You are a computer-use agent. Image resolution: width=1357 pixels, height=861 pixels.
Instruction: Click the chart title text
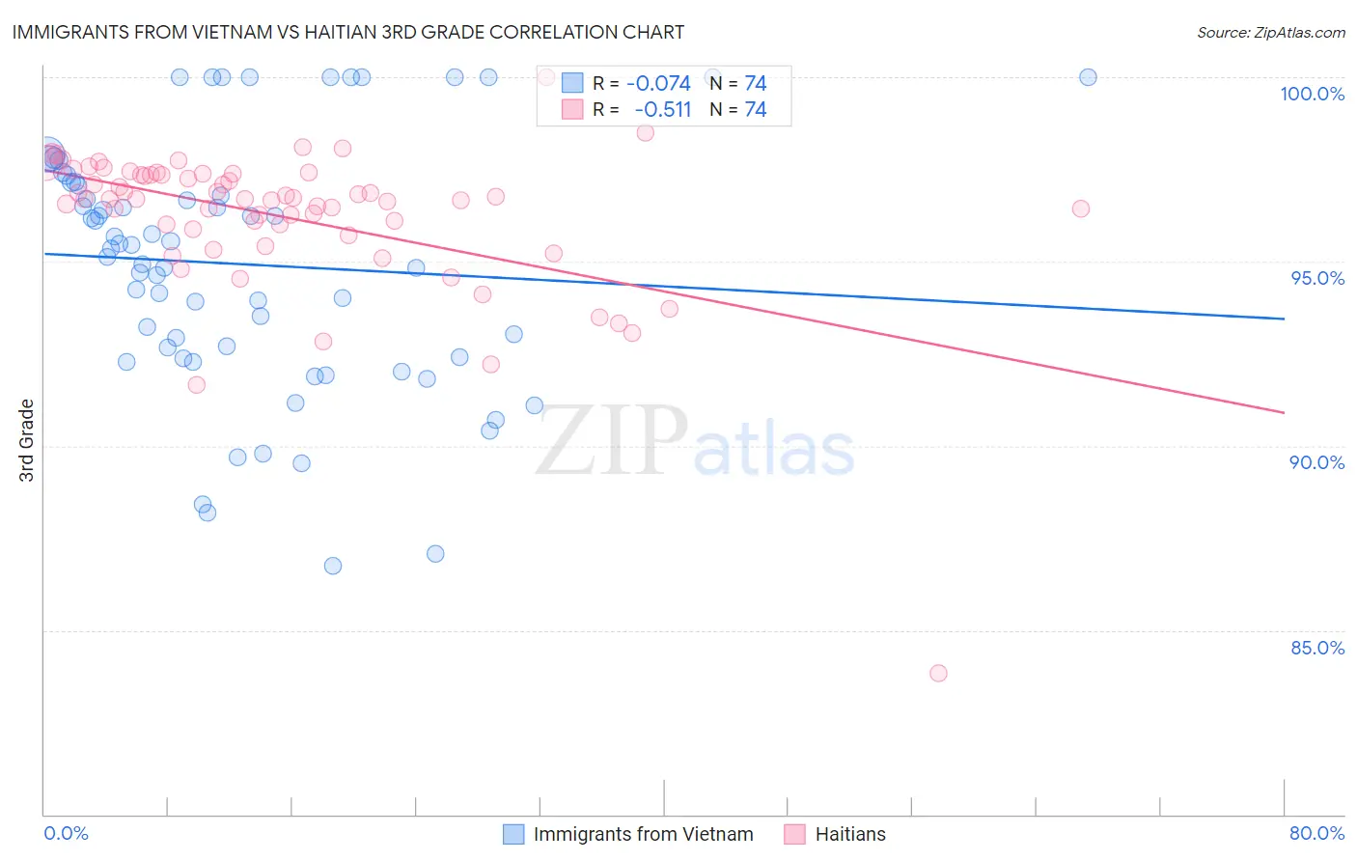coord(348,32)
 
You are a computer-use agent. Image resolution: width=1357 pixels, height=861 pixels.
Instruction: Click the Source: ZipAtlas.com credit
coord(1270,32)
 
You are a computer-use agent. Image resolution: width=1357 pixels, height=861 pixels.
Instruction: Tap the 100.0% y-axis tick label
coord(1312,94)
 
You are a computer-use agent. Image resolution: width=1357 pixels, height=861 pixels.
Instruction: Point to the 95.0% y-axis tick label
coord(1316,278)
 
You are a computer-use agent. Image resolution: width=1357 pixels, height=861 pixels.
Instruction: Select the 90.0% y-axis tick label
coord(1316,462)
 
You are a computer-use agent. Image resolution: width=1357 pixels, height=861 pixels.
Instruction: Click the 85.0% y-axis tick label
coord(1316,648)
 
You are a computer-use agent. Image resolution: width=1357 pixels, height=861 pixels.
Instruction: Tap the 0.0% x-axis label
coord(66,833)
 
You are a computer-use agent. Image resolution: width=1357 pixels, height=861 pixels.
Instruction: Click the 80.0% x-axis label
coord(1316,833)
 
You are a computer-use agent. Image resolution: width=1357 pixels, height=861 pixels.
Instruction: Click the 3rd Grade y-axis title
coord(27,440)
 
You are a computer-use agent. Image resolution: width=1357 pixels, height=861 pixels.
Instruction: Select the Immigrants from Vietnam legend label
coord(643,834)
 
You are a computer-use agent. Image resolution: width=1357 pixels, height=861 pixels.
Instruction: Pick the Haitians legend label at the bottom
coord(849,834)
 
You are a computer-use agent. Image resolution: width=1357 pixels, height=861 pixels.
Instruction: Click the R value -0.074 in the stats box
coord(658,84)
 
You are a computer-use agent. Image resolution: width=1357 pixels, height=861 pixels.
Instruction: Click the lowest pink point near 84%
coord(938,673)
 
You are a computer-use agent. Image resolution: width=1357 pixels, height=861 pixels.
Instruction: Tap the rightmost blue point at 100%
coord(1088,77)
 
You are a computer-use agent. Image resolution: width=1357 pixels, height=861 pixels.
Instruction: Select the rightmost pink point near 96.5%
coord(1081,208)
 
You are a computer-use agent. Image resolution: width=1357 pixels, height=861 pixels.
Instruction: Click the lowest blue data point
coord(333,566)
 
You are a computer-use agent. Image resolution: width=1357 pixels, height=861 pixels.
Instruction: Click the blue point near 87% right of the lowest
coord(435,554)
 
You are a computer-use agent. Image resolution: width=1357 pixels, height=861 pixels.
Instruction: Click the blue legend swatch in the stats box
coord(572,84)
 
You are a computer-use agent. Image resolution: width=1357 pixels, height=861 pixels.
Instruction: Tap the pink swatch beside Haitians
coord(794,834)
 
